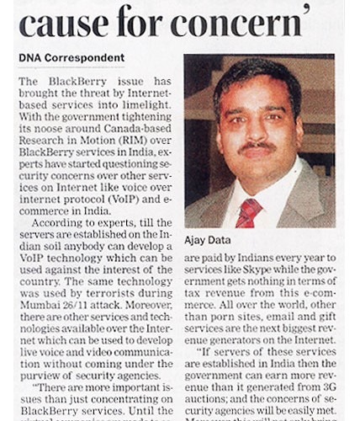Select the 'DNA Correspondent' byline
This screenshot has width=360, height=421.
coord(71,58)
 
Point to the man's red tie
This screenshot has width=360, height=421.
coord(249,212)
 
